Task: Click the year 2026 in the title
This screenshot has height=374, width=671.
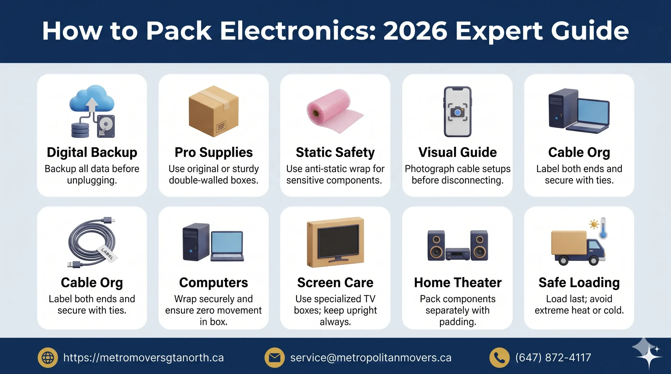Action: [415, 31]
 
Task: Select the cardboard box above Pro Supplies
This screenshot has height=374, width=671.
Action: [214, 111]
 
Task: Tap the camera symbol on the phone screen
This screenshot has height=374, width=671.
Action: [457, 112]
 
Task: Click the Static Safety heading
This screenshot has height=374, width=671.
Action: [335, 152]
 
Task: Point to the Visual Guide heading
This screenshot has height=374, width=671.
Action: [457, 152]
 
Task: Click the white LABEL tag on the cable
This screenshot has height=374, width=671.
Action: [107, 253]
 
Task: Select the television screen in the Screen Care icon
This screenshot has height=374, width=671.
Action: [338, 242]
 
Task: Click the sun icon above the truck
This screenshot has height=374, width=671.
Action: [594, 224]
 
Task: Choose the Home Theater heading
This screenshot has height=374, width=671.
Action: [458, 283]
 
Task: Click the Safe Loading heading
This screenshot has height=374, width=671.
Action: [579, 283]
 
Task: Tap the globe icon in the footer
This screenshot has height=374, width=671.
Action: [48, 358]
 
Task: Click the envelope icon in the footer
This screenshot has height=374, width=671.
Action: [274, 358]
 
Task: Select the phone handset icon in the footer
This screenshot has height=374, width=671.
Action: [499, 358]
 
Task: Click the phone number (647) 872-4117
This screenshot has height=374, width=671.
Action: [553, 358]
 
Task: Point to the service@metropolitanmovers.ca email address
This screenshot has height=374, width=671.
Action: [371, 358]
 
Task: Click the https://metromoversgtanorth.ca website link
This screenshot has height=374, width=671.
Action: [143, 358]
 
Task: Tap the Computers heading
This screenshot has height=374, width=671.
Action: [213, 283]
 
